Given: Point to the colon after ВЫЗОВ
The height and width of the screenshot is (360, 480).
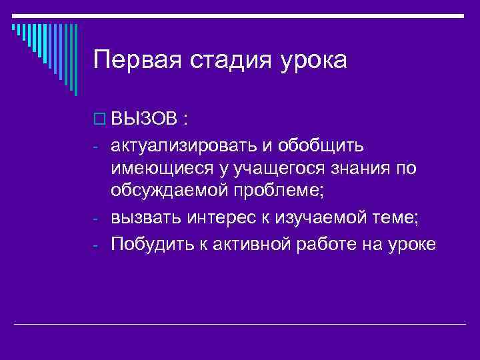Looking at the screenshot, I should click(x=184, y=121).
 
